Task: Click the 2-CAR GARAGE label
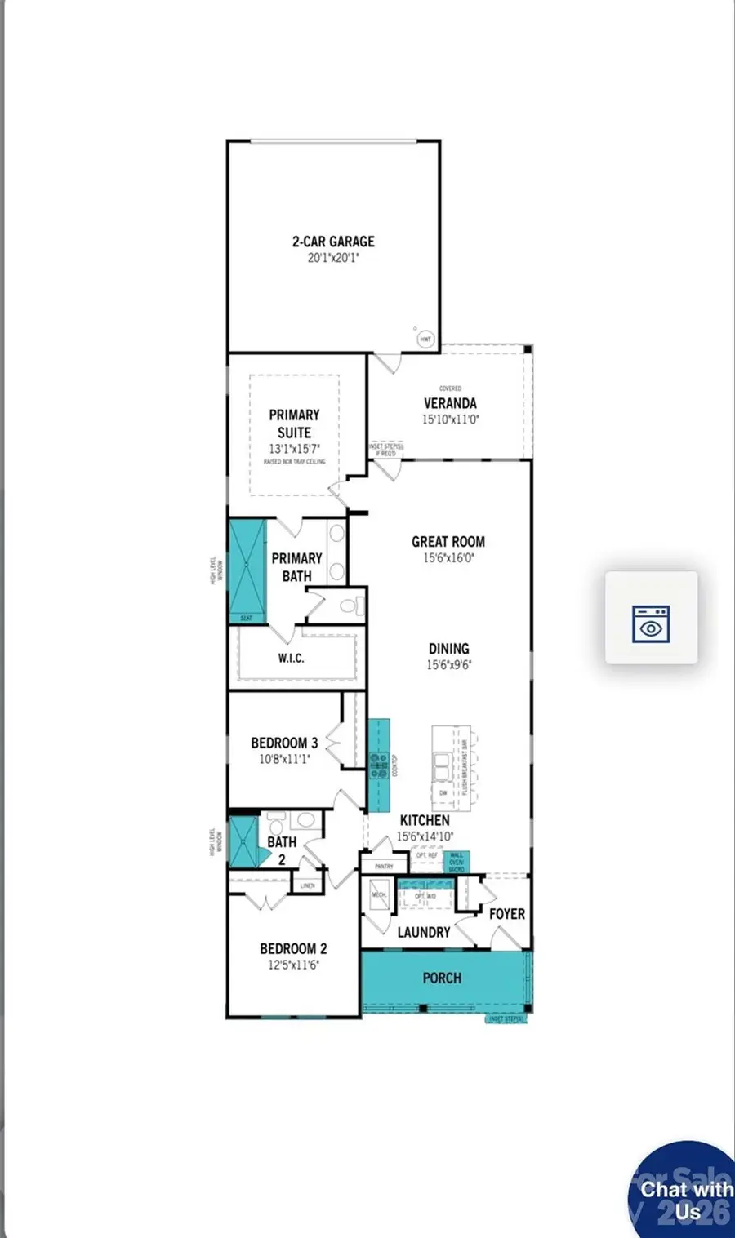(333, 242)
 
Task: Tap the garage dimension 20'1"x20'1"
(333, 258)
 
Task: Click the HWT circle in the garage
(425, 338)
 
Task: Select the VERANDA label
(450, 403)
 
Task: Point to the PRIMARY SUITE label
(294, 424)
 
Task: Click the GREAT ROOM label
(448, 542)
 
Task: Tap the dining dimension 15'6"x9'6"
(448, 665)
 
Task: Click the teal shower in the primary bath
(247, 567)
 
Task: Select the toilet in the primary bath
(350, 606)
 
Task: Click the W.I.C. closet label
(291, 658)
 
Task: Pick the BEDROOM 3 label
(284, 743)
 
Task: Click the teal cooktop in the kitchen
(378, 765)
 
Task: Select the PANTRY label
(384, 866)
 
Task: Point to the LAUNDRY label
(424, 932)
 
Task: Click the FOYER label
(506, 914)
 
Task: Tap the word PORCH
(442, 978)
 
